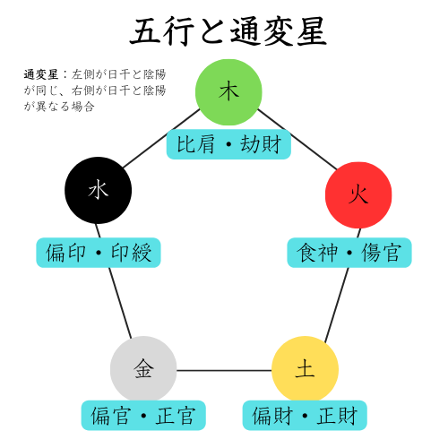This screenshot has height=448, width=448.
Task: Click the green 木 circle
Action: pyautogui.click(x=228, y=92)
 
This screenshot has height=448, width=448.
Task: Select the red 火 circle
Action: pyautogui.click(x=358, y=195)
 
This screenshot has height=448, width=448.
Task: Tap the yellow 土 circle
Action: pyautogui.click(x=305, y=369)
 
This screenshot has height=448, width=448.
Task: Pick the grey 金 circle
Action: pyautogui.click(x=143, y=369)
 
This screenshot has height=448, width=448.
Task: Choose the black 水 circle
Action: pyautogui.click(x=99, y=190)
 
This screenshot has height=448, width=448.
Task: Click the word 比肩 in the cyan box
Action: pyautogui.click(x=196, y=144)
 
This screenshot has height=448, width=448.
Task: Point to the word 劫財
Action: pyautogui.click(x=261, y=144)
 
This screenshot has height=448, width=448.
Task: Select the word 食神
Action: pyautogui.click(x=317, y=253)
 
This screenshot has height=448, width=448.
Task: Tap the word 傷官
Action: pyautogui.click(x=381, y=253)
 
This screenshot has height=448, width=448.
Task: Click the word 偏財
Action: pyautogui.click(x=272, y=416)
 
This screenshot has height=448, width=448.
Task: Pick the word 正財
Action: pyautogui.click(x=337, y=416)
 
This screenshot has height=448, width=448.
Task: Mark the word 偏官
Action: pyautogui.click(x=111, y=416)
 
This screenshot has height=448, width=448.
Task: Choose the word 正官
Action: pyautogui.click(x=176, y=416)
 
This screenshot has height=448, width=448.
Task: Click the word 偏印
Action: pyautogui.click(x=65, y=253)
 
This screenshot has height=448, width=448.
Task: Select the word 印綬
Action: pyautogui.click(x=131, y=253)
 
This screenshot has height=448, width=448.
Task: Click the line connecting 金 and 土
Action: pyautogui.click(x=224, y=370)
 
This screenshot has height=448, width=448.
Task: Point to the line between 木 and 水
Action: pyautogui.click(x=161, y=138)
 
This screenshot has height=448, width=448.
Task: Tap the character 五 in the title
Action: pyautogui.click(x=146, y=31)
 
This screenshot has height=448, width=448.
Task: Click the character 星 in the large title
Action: pyautogui.click(x=311, y=31)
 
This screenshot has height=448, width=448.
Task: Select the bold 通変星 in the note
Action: pyautogui.click(x=41, y=74)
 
